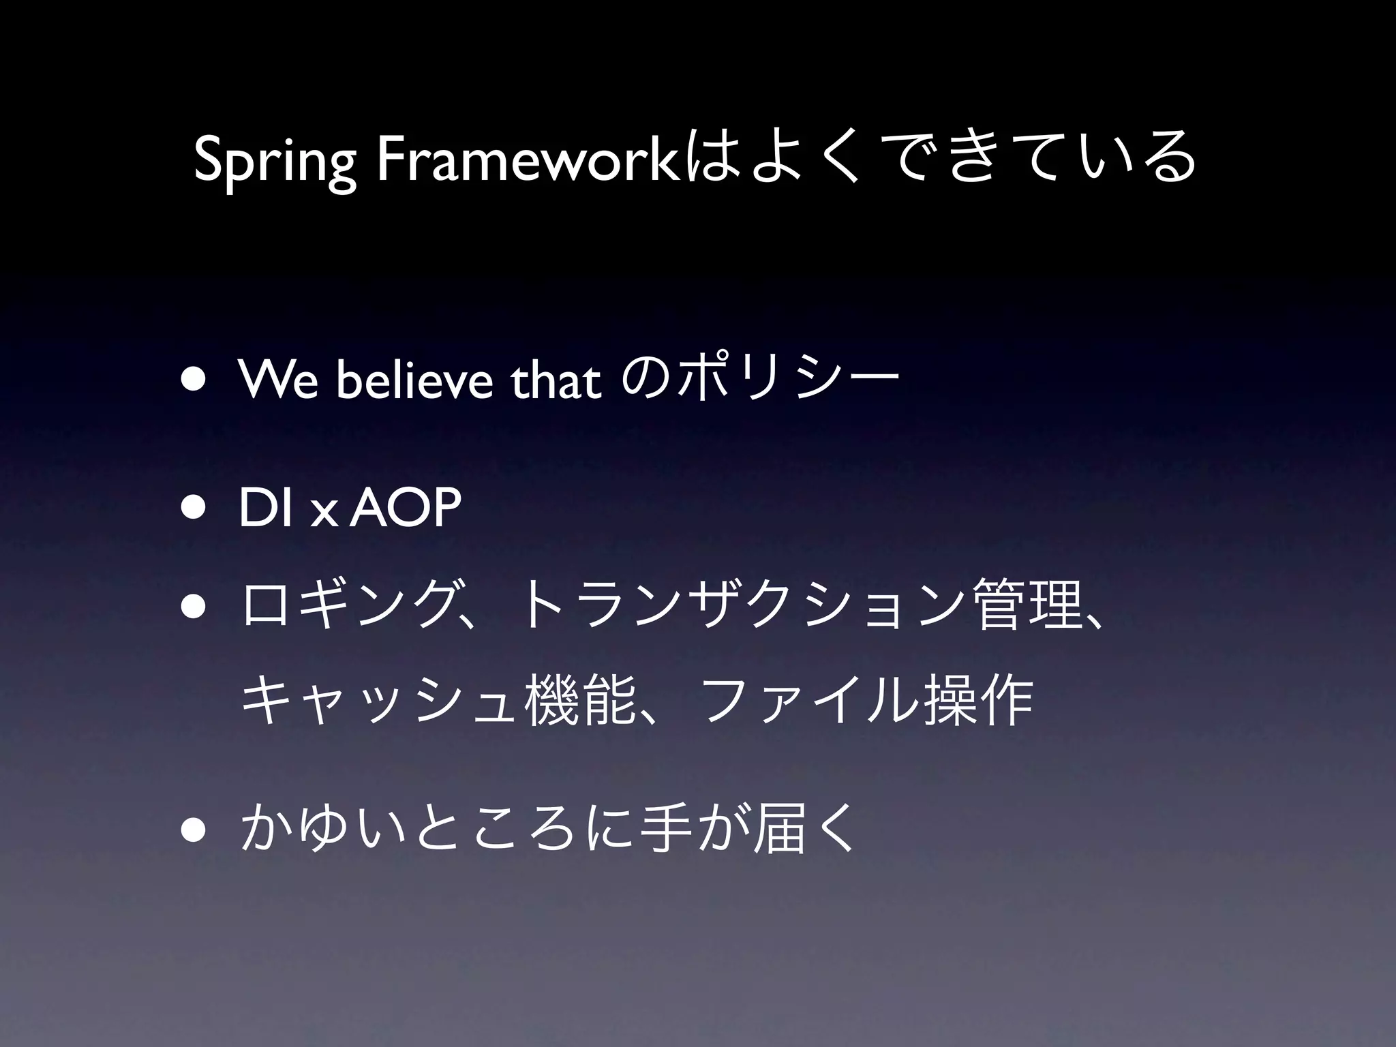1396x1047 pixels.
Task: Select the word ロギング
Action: [x=348, y=603]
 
